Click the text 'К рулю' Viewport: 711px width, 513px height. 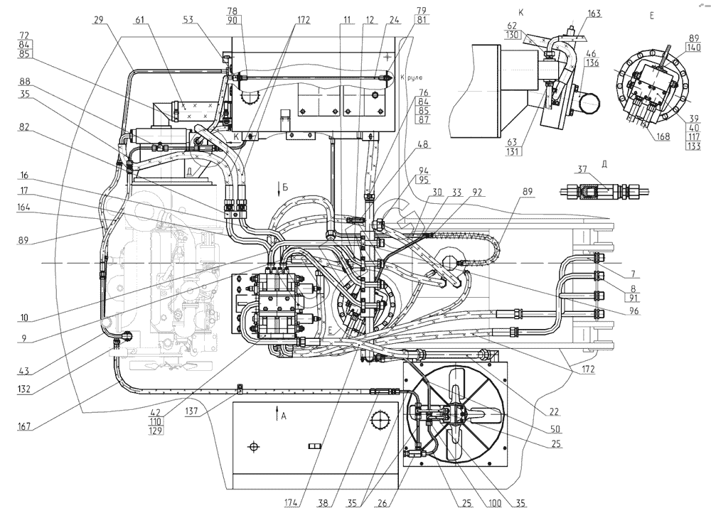coord(412,77)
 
